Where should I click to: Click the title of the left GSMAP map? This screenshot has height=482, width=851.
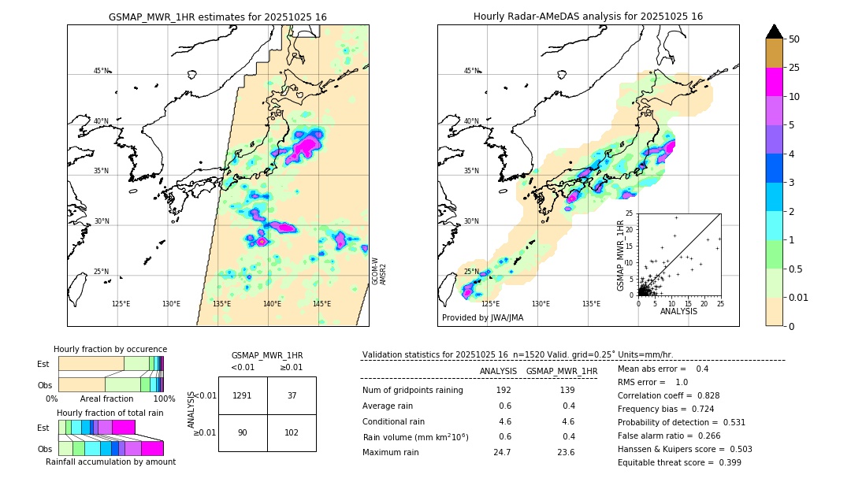(217, 17)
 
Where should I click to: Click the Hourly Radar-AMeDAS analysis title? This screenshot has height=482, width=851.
(588, 17)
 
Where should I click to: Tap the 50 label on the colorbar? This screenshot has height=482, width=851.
(794, 39)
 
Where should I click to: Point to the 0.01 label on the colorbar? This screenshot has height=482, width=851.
(799, 297)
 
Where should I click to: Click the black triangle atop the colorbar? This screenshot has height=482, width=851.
(775, 32)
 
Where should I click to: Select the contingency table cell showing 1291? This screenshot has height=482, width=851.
(243, 395)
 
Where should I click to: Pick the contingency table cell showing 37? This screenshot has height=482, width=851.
(292, 395)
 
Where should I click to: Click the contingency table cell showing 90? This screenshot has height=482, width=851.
(243, 432)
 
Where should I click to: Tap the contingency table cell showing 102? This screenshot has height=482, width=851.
(292, 432)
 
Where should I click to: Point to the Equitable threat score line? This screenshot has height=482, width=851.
(679, 462)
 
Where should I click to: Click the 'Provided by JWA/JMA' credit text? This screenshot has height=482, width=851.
(482, 318)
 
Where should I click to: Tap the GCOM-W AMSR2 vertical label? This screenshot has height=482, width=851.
(379, 271)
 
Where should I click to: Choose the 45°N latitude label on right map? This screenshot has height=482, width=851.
(471, 71)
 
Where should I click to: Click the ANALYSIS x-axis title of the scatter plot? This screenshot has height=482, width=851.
(678, 311)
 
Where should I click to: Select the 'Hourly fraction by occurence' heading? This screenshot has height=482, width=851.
(110, 349)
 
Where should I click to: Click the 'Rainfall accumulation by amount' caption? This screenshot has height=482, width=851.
(110, 462)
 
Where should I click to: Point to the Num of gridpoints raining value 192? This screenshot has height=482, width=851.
(503, 391)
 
